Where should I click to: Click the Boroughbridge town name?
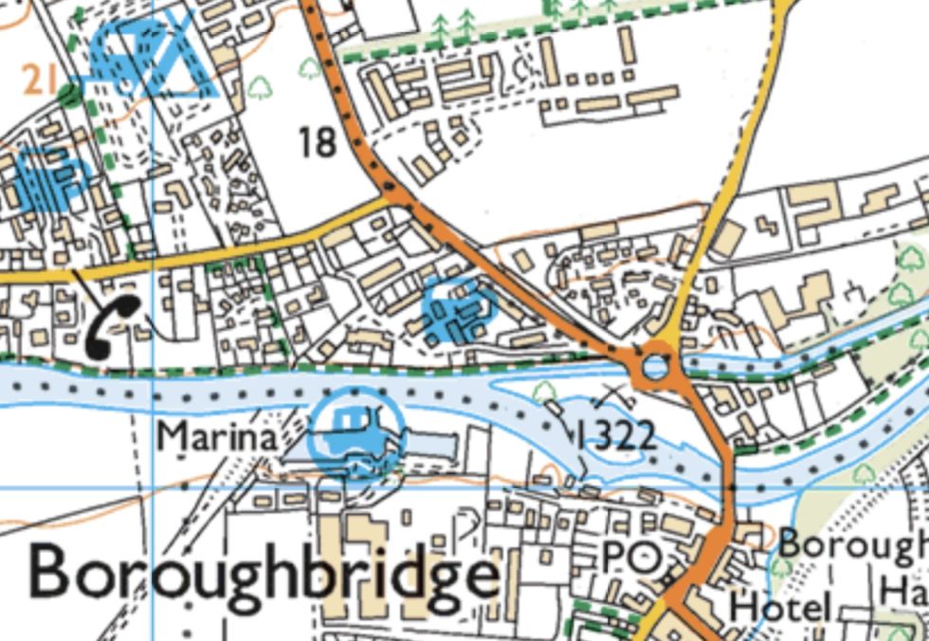tap(264, 575)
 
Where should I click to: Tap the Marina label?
tap(217, 437)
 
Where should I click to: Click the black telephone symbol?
tap(114, 325)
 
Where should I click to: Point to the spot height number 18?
tap(318, 143)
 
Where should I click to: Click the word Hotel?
tap(783, 607)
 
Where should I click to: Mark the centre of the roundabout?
tap(655, 367)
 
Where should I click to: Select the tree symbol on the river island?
tap(547, 391)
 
